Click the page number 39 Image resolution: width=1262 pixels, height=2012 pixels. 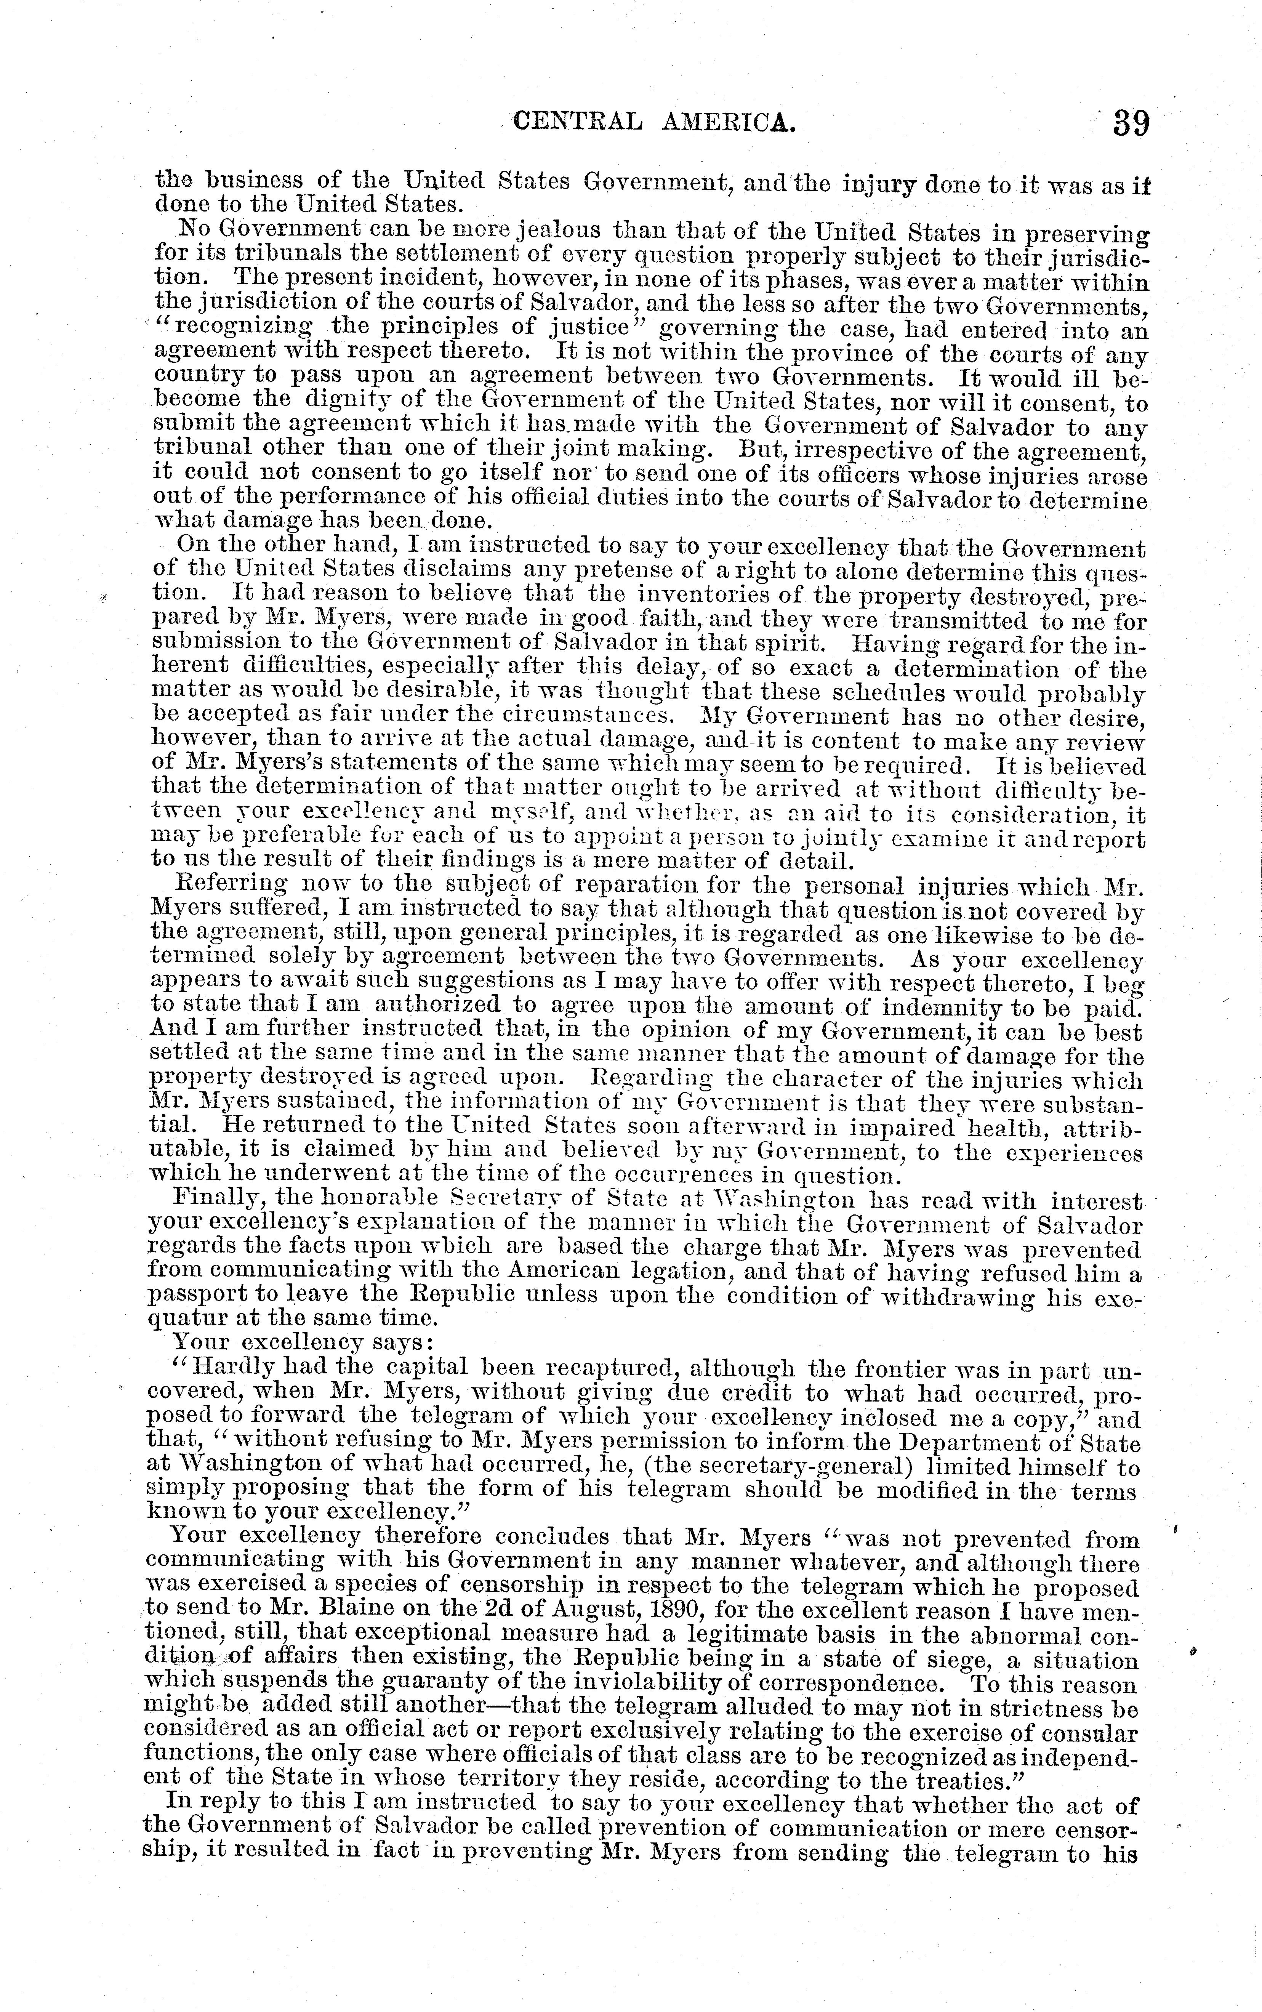click(x=1131, y=124)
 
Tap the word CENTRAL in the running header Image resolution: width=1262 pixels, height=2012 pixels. click(x=578, y=123)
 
